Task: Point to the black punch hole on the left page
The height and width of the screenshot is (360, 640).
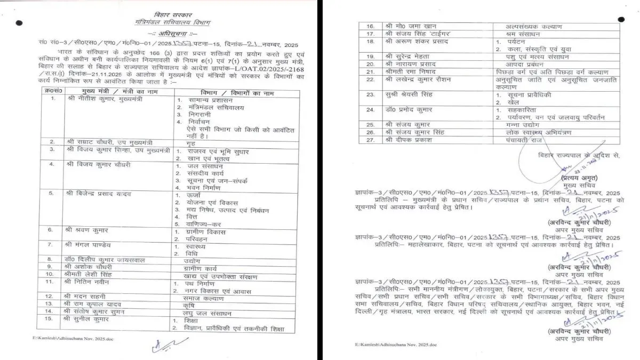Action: point(20,23)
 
